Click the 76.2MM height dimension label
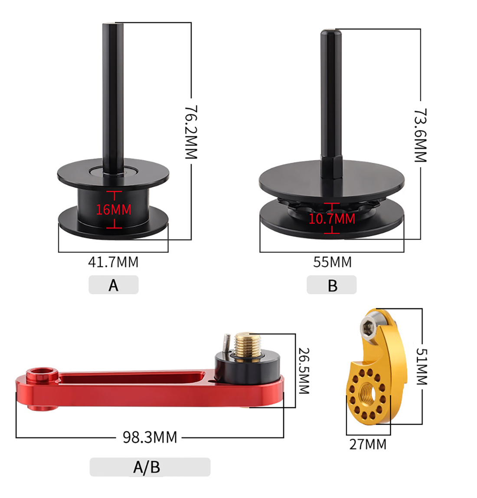[x=192, y=132]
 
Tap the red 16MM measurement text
[x=114, y=210]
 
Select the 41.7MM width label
[x=113, y=262]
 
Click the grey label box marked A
[x=114, y=284]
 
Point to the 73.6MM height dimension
[x=421, y=135]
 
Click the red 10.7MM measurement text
[x=332, y=219]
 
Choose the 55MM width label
[x=332, y=262]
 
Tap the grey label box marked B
[x=332, y=284]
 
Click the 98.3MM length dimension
[x=150, y=437]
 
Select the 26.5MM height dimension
[x=304, y=371]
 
